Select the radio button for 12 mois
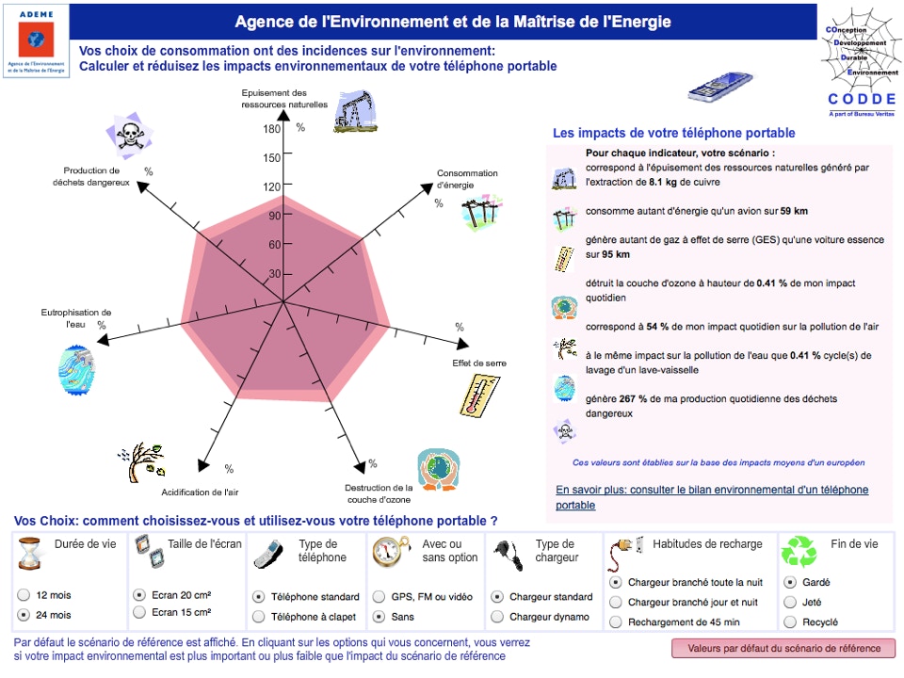24,595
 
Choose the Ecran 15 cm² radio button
139,612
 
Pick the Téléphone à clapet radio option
259,617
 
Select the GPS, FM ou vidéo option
379,597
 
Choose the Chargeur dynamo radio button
497,617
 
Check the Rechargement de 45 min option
616,622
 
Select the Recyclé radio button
790,622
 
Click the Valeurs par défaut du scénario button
783,649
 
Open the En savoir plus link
712,497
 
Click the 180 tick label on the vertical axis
271,129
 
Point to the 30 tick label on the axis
274,274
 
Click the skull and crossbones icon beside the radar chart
130,136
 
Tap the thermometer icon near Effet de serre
479,395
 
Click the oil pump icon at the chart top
355,111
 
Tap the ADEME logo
37,40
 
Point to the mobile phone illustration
720,87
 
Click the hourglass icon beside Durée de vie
30,554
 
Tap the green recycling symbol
799,552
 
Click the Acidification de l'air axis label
200,492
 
